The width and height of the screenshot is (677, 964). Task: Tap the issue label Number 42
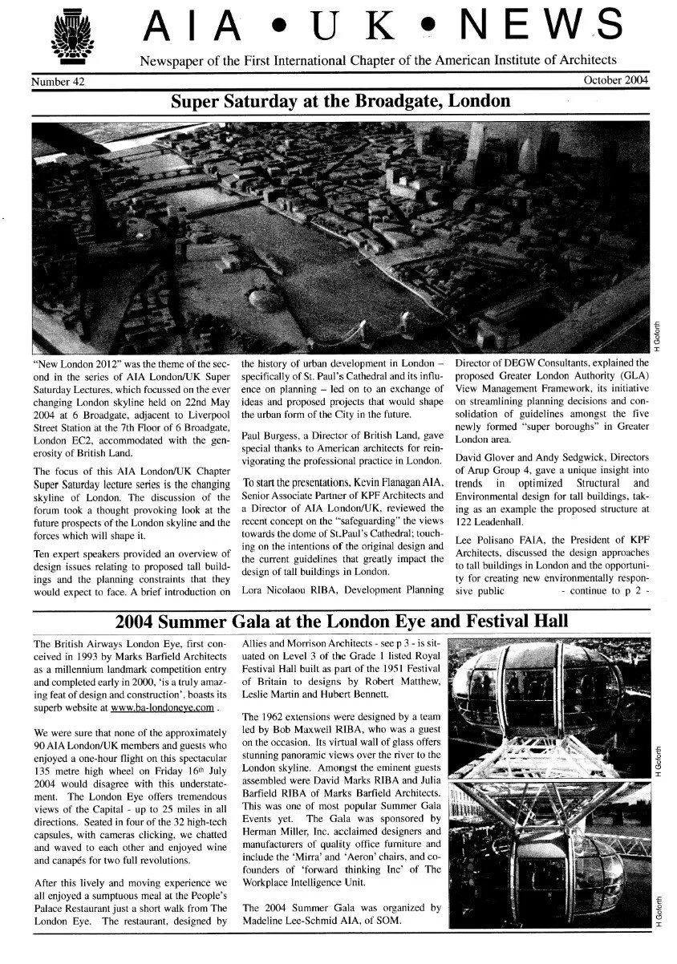(59, 82)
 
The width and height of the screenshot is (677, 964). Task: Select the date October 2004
(614, 81)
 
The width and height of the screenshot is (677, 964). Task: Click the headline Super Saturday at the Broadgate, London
(340, 102)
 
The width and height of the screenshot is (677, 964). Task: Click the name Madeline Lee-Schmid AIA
(300, 920)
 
